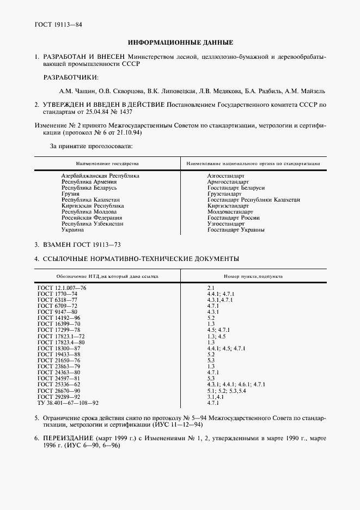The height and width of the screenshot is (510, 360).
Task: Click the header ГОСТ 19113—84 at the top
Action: pos(58,25)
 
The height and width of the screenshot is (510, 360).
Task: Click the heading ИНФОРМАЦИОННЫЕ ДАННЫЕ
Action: pos(180,42)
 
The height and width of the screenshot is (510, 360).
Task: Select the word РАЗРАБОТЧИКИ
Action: pos(68,77)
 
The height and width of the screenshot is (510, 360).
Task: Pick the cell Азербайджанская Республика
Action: pos(100,176)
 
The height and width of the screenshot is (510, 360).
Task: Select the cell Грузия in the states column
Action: pos(71,193)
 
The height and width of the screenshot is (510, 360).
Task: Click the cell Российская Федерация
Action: pos(88,218)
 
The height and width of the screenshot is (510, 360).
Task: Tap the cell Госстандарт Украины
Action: pos(236,230)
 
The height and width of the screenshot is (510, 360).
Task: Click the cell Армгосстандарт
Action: pos(228,182)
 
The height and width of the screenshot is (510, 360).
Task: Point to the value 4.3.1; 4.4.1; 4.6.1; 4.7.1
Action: pos(236,384)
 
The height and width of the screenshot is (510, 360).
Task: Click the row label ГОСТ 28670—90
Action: pos(58,391)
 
